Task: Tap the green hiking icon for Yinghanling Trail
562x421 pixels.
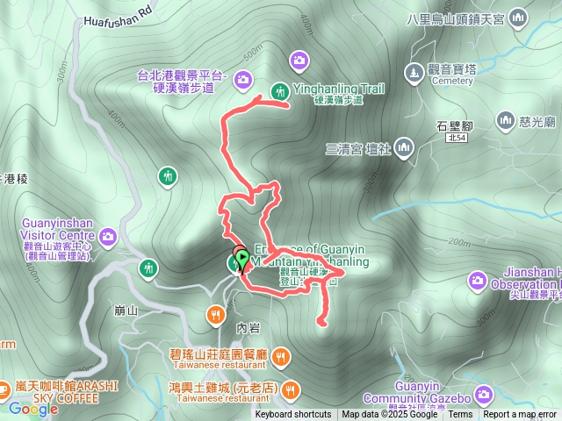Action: pyautogui.click(x=280, y=90)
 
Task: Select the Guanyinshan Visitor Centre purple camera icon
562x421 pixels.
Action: pyautogui.click(x=108, y=236)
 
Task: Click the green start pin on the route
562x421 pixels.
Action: pyautogui.click(x=243, y=260)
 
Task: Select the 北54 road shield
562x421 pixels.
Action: pyautogui.click(x=455, y=139)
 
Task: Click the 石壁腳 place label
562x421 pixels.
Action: pyautogui.click(x=455, y=125)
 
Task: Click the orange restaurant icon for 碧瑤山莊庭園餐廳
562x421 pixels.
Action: pyautogui.click(x=280, y=355)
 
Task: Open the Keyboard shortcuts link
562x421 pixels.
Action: pyautogui.click(x=293, y=415)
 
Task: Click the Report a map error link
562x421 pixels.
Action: pyautogui.click(x=520, y=415)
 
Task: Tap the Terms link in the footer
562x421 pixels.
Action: pyautogui.click(x=460, y=415)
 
